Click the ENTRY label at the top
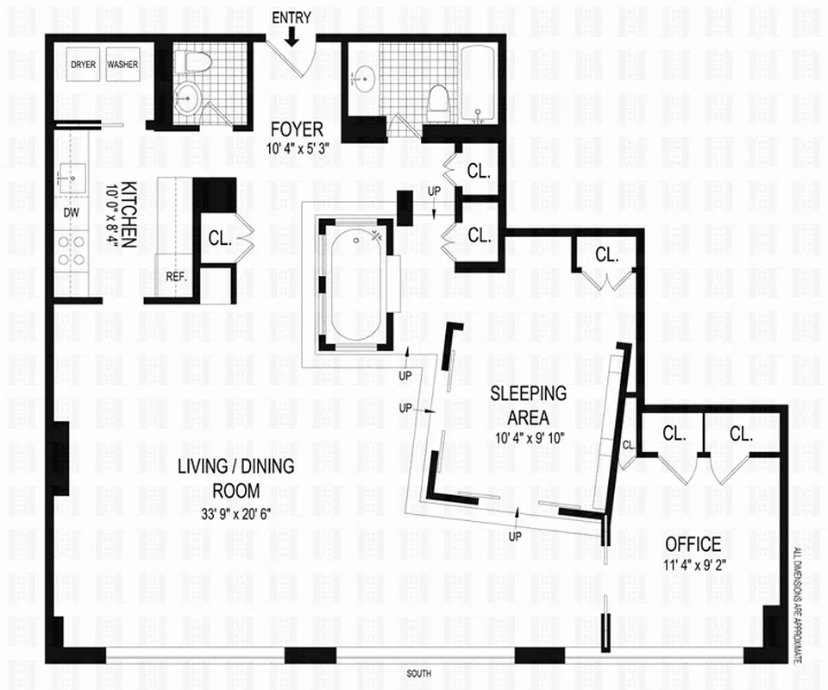292,17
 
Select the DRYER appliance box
84,65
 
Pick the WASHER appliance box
122,65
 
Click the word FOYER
296,129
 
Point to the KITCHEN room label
128,214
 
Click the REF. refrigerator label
177,277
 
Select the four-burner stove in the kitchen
72,250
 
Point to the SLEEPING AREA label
529,405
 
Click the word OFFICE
693,544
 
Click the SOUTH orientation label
420,673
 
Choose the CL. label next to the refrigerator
219,240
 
